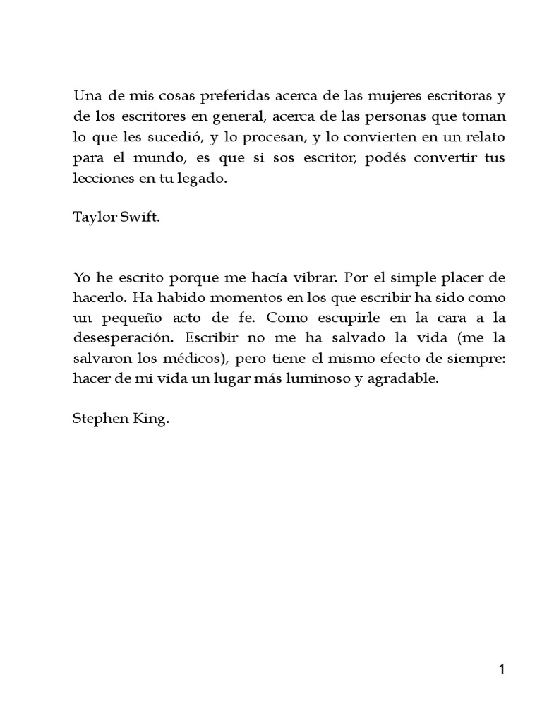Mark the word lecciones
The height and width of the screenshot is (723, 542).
(101, 179)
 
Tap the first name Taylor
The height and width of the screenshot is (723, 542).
(92, 217)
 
